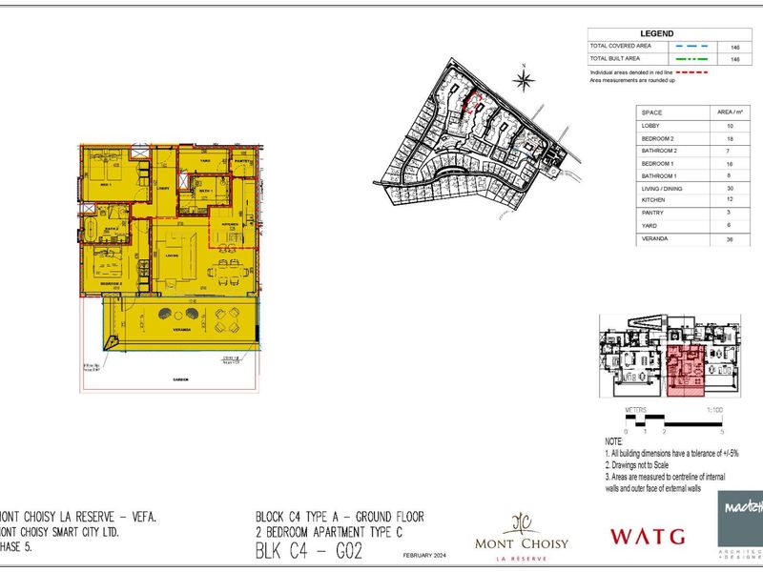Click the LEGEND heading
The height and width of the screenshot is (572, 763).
coord(656,32)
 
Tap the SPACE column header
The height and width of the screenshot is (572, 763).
coord(652,112)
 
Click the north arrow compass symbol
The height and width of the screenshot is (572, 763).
coord(525,76)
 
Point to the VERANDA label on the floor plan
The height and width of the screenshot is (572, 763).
coord(183,329)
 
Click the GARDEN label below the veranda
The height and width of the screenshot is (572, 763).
coord(181,378)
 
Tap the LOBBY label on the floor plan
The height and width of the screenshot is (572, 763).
coord(162,189)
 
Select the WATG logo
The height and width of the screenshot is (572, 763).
coord(648,536)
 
